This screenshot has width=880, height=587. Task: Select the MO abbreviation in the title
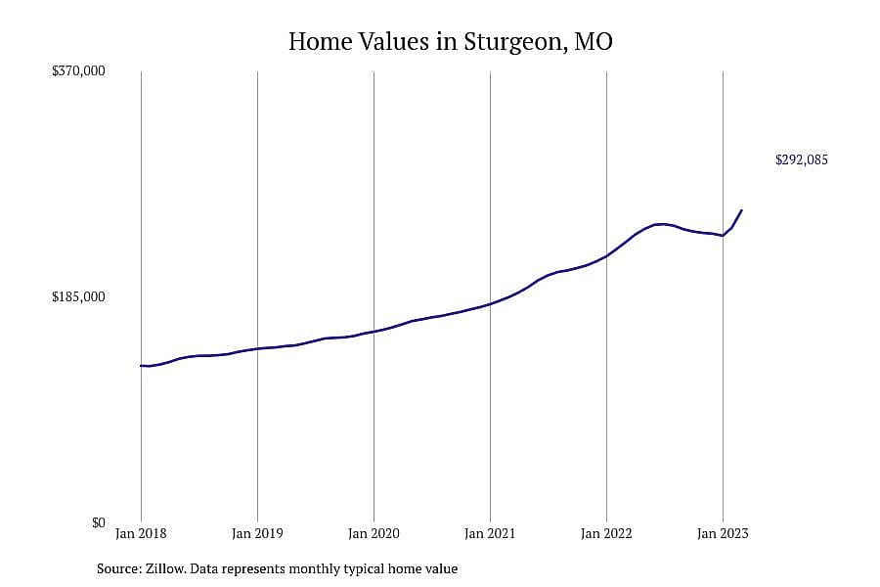(594, 41)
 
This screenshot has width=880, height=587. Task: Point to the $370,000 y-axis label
(78, 70)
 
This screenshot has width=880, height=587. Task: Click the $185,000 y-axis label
(78, 296)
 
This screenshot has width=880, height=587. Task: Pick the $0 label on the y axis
(98, 523)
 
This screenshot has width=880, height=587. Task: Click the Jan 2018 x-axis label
(141, 533)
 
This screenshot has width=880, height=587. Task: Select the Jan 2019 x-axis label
(257, 533)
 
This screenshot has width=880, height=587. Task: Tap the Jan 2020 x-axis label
(374, 533)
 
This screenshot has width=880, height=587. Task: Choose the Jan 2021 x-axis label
(490, 533)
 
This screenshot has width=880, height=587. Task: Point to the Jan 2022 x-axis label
(606, 533)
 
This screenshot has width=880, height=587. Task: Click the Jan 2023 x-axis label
(723, 533)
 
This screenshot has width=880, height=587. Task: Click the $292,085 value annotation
(802, 160)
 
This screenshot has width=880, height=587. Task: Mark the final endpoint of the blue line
(742, 210)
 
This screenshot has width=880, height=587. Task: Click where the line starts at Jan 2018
(141, 366)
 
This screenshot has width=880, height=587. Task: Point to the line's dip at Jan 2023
(723, 236)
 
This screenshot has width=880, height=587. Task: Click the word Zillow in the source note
(165, 568)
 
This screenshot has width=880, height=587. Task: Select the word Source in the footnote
(119, 568)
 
